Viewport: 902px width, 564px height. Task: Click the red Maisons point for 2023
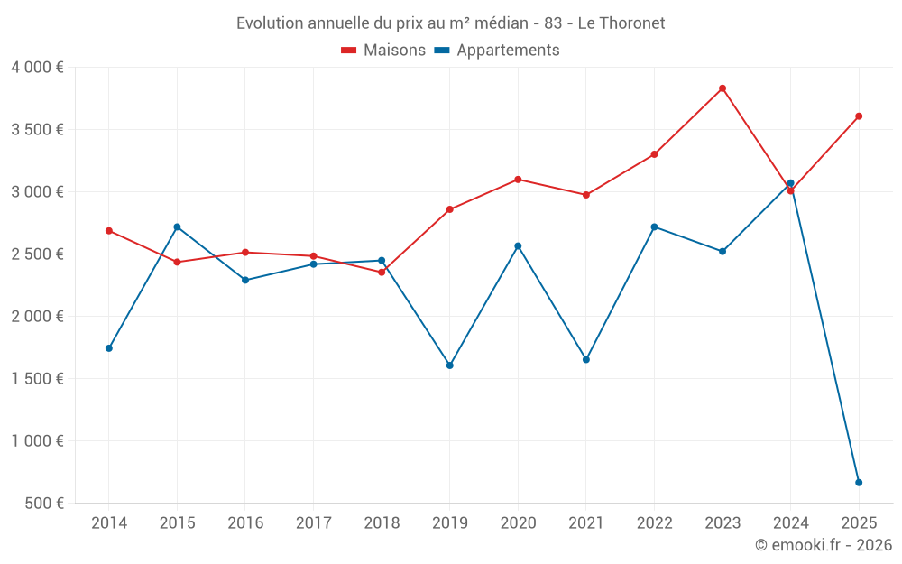[723, 88]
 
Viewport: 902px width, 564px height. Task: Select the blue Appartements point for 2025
[859, 483]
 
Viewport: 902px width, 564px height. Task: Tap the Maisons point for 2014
[109, 231]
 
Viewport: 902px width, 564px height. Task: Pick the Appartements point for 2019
[450, 365]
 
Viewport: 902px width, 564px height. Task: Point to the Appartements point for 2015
[177, 227]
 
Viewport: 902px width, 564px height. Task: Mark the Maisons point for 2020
[518, 180]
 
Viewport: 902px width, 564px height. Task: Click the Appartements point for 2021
[586, 359]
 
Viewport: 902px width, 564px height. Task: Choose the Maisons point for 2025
[859, 116]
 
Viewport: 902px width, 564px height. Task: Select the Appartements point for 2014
[109, 348]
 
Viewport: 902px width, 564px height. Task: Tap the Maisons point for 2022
[654, 154]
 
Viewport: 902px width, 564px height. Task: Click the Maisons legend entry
[384, 51]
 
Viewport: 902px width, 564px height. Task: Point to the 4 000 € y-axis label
[37, 68]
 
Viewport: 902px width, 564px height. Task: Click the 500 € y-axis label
[43, 504]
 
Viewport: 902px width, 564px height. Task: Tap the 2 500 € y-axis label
[37, 254]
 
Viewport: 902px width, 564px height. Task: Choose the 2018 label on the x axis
[382, 523]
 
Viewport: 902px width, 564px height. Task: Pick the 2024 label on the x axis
[790, 523]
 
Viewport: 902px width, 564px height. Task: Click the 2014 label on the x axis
[109, 523]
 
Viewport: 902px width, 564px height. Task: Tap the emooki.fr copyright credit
[823, 545]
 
